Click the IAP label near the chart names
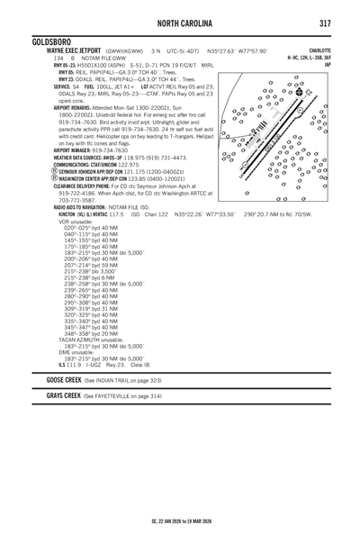(328, 65)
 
